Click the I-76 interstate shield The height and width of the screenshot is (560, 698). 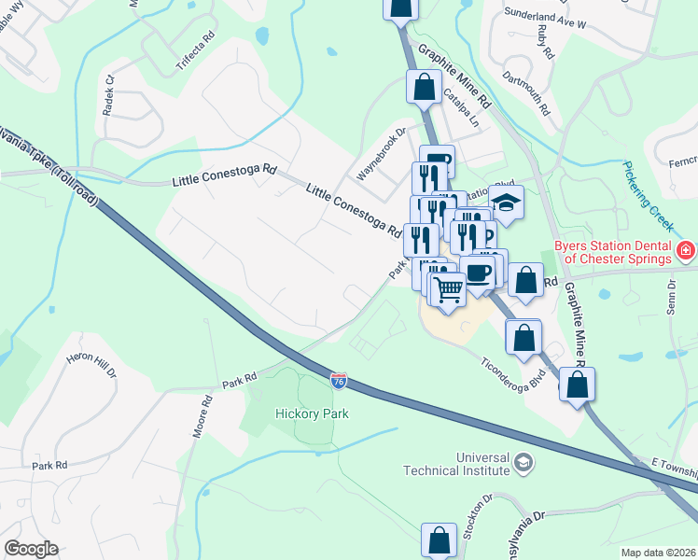point(339,380)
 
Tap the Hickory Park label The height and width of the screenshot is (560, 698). point(312,413)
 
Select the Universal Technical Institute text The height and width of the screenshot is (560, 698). point(456,464)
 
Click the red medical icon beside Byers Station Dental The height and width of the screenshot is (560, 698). point(686,250)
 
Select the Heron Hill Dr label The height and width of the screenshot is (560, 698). point(91,364)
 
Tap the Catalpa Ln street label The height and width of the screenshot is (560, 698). point(461,108)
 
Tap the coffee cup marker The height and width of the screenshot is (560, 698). point(479,273)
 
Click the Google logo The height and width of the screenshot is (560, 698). point(31,549)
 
